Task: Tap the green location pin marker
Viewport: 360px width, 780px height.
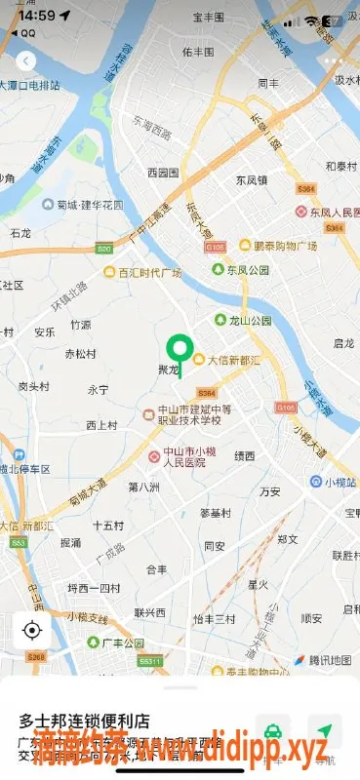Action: click(179, 349)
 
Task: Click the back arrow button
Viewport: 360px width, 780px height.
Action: click(26, 60)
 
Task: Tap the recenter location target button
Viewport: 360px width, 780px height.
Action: click(32, 630)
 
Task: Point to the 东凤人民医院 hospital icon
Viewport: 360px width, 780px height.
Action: click(301, 212)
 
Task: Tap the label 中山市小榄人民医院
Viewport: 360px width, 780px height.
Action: click(189, 457)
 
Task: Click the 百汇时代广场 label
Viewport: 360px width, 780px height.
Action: click(148, 273)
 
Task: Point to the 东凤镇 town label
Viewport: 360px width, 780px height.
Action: click(252, 179)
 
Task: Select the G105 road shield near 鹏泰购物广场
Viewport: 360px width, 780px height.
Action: click(217, 248)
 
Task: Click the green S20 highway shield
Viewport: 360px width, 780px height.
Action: click(104, 250)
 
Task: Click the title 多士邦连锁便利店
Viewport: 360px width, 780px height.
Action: click(84, 721)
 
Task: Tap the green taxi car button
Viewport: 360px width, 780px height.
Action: click(273, 732)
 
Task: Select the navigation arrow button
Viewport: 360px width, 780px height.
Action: click(325, 732)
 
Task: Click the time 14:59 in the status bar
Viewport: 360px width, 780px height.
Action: click(35, 16)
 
